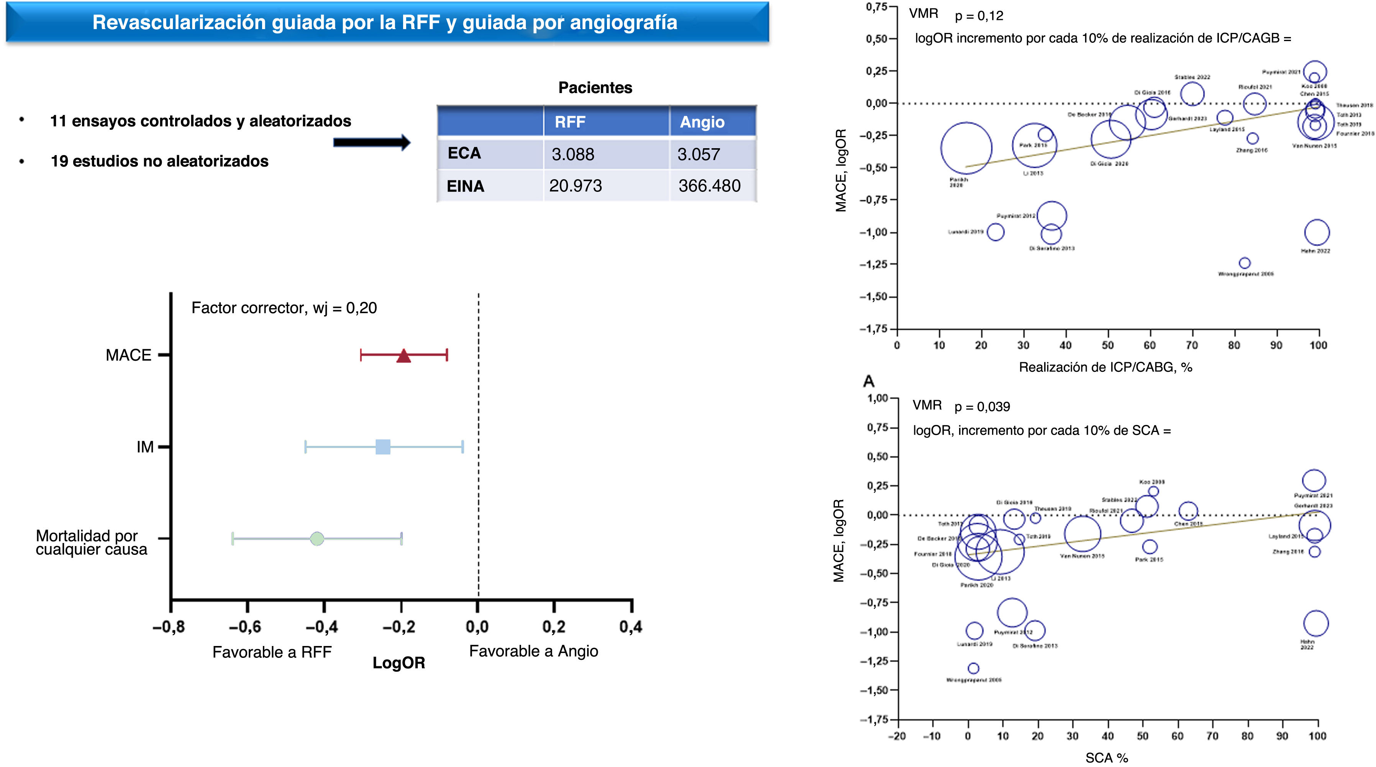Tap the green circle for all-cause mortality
317,538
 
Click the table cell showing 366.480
709,186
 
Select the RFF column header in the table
570,122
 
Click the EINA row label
465,186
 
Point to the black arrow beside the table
371,142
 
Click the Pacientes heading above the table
595,88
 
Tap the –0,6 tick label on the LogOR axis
245,626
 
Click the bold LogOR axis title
399,663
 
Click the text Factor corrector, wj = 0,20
284,308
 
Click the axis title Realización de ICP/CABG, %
1105,367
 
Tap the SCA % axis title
1106,758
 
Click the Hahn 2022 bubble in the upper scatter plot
1316,232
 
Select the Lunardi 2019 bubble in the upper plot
995,232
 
